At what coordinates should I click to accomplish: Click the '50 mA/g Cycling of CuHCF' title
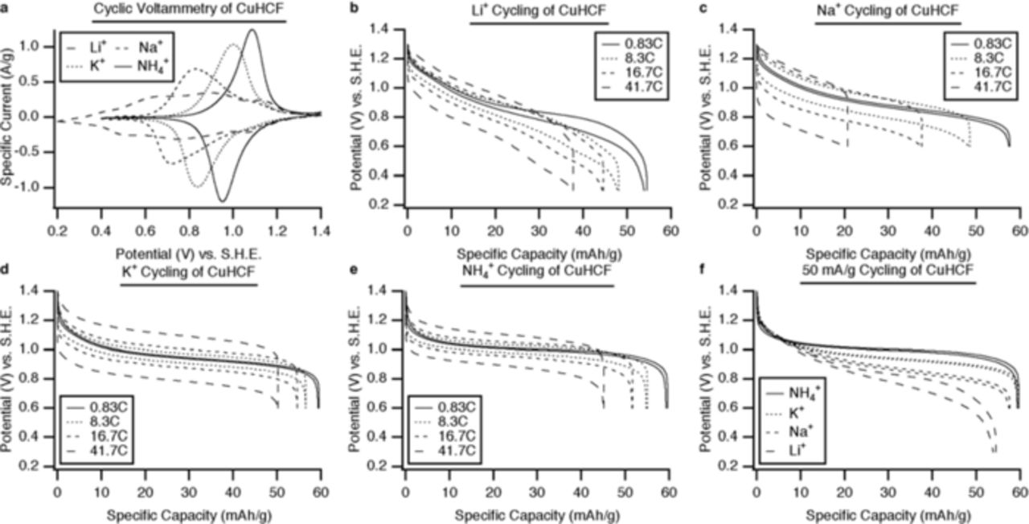point(888,272)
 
